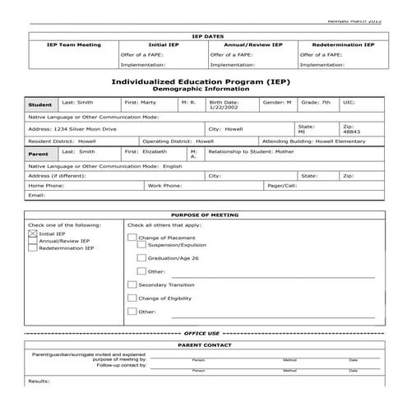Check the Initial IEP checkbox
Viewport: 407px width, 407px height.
pos(33,234)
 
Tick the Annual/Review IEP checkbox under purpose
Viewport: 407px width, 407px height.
pos(33,240)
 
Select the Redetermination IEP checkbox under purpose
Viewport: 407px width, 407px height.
pos(33,247)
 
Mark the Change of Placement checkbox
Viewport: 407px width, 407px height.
pos(132,238)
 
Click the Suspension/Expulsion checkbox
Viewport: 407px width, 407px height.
pos(142,244)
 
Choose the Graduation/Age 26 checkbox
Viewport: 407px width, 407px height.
pos(142,257)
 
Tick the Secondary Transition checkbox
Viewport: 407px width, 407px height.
pos(132,284)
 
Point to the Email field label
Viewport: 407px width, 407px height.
pos(35,195)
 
